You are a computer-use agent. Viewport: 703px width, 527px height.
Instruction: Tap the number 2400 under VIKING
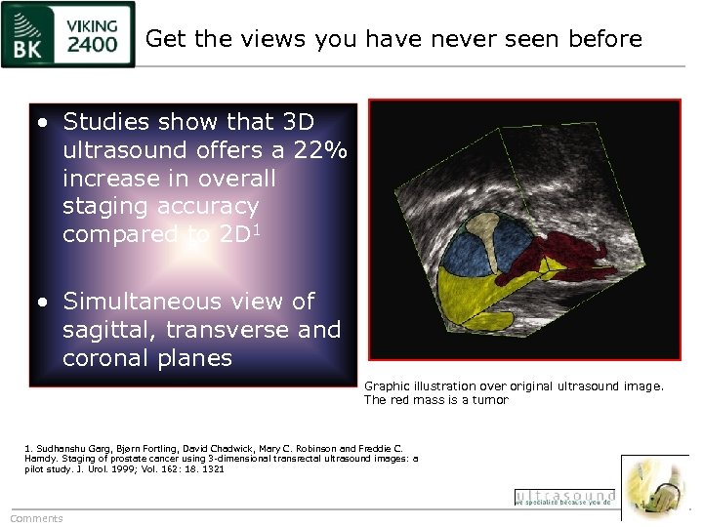tap(94, 44)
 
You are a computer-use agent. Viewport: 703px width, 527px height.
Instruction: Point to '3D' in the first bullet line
tap(297, 122)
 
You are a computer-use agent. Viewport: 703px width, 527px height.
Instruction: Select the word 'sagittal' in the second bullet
tap(104, 330)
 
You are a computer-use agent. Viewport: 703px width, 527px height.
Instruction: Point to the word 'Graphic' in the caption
tap(387, 385)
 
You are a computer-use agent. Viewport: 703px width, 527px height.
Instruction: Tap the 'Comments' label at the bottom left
tap(36, 518)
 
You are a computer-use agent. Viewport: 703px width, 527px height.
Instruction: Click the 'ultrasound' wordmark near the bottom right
tap(564, 496)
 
